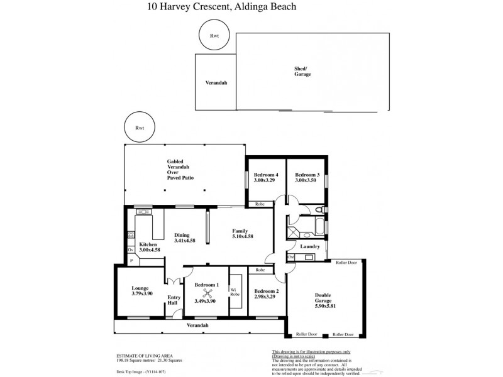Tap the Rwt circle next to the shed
tap(215, 36)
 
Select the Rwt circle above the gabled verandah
tap(140, 128)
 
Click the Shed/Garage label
tap(302, 71)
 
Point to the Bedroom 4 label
tap(265, 174)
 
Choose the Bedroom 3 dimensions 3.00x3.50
tap(307, 180)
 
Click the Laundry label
tap(310, 247)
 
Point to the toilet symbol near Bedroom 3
tap(319, 210)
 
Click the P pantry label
tap(131, 260)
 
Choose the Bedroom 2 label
tap(266, 290)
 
